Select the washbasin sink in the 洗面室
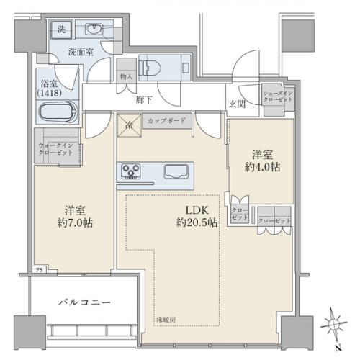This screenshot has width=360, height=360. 94,30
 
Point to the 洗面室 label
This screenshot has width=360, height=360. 79,51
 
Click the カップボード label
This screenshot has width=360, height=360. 166,121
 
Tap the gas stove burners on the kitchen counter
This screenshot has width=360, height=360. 133,172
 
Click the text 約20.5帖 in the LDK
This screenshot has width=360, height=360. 197,224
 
